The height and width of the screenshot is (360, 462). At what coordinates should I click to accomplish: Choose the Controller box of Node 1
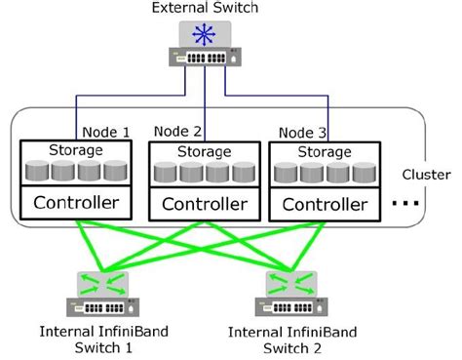pyautogui.click(x=77, y=204)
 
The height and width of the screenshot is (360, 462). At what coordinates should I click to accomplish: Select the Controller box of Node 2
pyautogui.click(x=204, y=204)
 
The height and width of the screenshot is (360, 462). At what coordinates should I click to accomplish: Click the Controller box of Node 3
pyautogui.click(x=326, y=204)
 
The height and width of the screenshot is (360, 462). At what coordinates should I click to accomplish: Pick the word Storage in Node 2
pyautogui.click(x=204, y=151)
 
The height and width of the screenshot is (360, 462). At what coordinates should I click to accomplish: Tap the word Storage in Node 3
pyautogui.click(x=326, y=151)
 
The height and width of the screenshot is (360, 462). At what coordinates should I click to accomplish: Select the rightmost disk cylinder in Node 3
pyautogui.click(x=364, y=174)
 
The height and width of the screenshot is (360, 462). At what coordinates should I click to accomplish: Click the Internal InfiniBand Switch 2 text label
pyautogui.click(x=292, y=340)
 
